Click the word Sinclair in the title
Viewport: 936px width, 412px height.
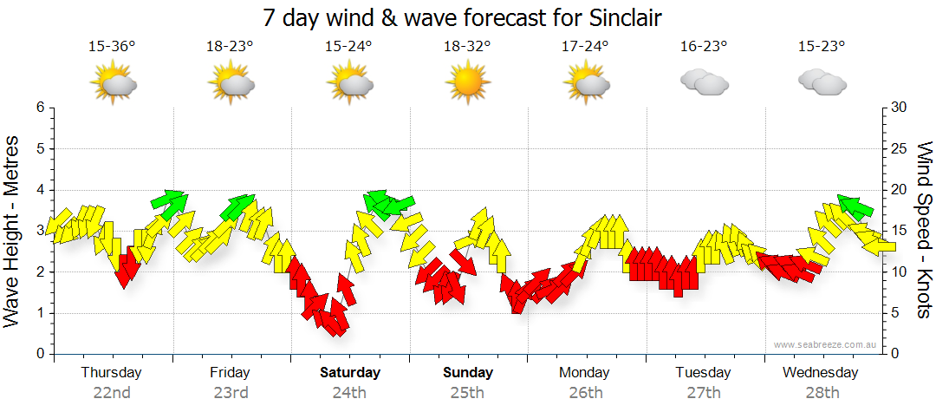(618, 17)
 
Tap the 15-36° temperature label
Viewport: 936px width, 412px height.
(112, 46)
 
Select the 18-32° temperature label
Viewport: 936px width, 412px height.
(466, 46)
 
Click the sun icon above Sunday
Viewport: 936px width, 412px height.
(466, 83)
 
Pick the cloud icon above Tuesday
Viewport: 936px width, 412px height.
(703, 82)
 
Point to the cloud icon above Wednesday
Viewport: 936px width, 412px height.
(822, 82)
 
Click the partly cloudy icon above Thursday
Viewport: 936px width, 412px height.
(113, 83)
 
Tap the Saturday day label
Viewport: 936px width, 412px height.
(349, 373)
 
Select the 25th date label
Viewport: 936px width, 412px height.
(467, 393)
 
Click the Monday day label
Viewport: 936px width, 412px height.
(584, 373)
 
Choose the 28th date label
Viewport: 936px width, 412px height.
(821, 393)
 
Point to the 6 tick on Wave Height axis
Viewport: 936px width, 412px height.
(40, 108)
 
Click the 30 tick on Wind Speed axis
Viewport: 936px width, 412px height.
(900, 108)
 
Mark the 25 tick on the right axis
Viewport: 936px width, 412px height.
(900, 148)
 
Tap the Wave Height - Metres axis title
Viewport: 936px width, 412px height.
(14, 231)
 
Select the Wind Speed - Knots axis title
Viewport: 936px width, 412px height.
(925, 231)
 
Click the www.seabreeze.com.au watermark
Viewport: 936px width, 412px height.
(826, 344)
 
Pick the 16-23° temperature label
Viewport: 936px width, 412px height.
(703, 46)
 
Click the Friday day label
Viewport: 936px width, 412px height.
(230, 373)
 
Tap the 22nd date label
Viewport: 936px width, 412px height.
(112, 393)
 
